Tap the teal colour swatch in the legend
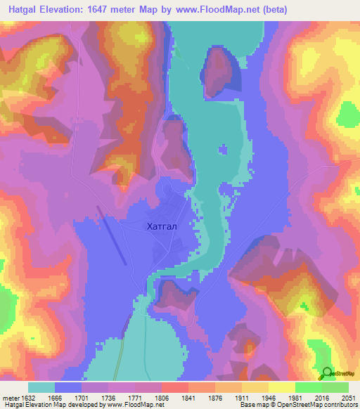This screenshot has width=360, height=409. point(41,387)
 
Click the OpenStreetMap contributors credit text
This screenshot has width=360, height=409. point(321,405)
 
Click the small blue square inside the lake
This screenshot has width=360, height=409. point(224,150)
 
